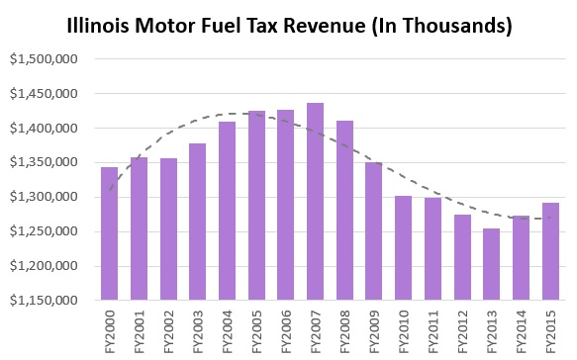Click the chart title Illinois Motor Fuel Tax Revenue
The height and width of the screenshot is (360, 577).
pos(288,25)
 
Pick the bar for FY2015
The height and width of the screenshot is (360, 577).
pos(551,251)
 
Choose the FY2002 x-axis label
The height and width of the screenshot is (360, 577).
pos(168,330)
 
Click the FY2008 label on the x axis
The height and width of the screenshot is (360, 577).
pos(345,330)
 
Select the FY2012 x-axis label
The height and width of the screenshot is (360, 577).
pos(463,330)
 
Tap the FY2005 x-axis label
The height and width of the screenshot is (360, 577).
pos(256,330)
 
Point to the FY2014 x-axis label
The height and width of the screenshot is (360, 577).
pos(523,330)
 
